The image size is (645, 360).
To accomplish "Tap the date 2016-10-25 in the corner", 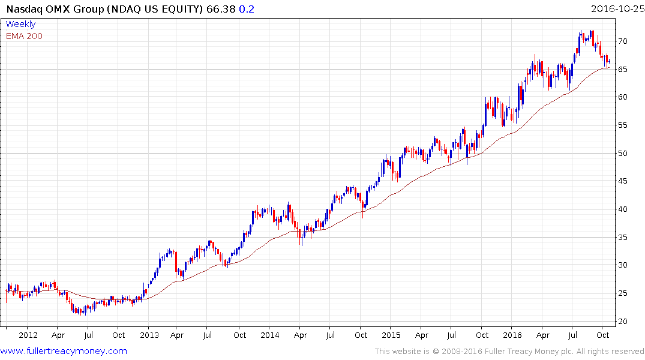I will pos(616,10).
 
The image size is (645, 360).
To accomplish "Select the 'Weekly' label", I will pos(21,24).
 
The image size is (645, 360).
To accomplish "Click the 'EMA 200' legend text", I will pos(24,36).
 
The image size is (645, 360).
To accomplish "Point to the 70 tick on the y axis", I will pos(624,41).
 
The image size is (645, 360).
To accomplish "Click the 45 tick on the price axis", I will pos(624,181).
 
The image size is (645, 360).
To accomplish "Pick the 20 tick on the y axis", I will pos(624,322).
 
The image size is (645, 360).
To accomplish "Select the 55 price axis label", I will pos(624,125).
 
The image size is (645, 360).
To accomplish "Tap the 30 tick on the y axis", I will pos(624,265).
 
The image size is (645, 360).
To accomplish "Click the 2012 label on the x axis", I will pos(28,335).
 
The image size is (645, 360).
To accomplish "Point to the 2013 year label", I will pos(149,335).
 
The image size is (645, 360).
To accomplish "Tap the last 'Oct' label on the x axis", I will pos(604,335).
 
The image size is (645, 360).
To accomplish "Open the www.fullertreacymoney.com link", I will pos(64,351).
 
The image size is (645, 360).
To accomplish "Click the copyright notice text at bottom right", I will pos(509,352).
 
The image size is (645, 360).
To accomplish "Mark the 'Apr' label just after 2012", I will pos(58,335).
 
